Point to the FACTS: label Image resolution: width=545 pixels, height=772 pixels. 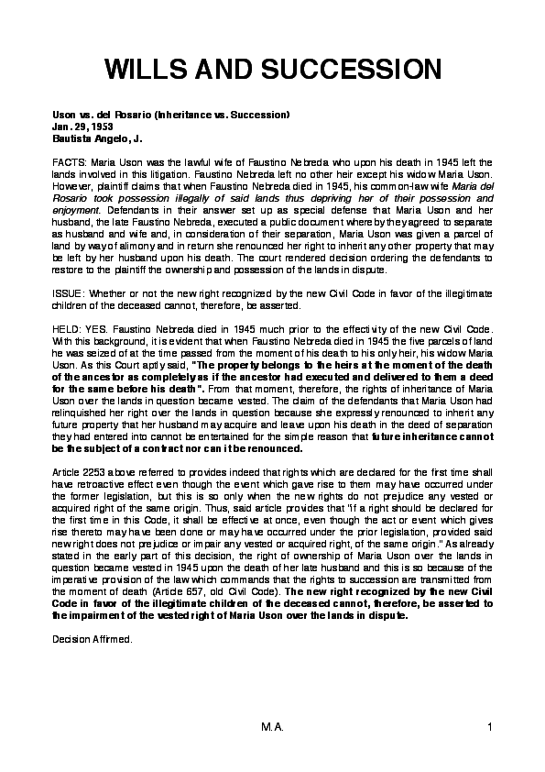pyautogui.click(x=69, y=161)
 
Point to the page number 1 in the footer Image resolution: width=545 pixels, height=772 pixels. pyautogui.click(x=491, y=727)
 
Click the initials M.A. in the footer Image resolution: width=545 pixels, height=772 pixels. pyautogui.click(x=272, y=727)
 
